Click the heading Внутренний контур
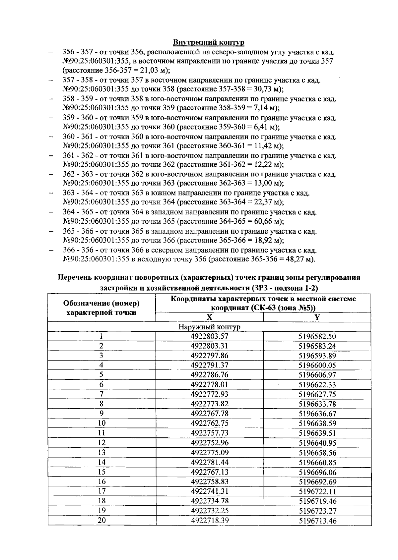click(x=209, y=42)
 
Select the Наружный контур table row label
click(x=209, y=327)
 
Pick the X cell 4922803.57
click(x=209, y=337)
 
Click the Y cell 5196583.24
click(x=317, y=346)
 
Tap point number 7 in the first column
click(x=101, y=394)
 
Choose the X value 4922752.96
click(x=209, y=443)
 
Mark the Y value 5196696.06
click(x=317, y=472)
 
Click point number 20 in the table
click(x=101, y=520)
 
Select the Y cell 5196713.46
click(x=317, y=521)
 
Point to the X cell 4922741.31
click(x=209, y=491)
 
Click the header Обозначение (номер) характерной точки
click(x=101, y=308)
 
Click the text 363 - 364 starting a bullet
click(x=78, y=193)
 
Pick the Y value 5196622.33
click(x=317, y=385)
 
